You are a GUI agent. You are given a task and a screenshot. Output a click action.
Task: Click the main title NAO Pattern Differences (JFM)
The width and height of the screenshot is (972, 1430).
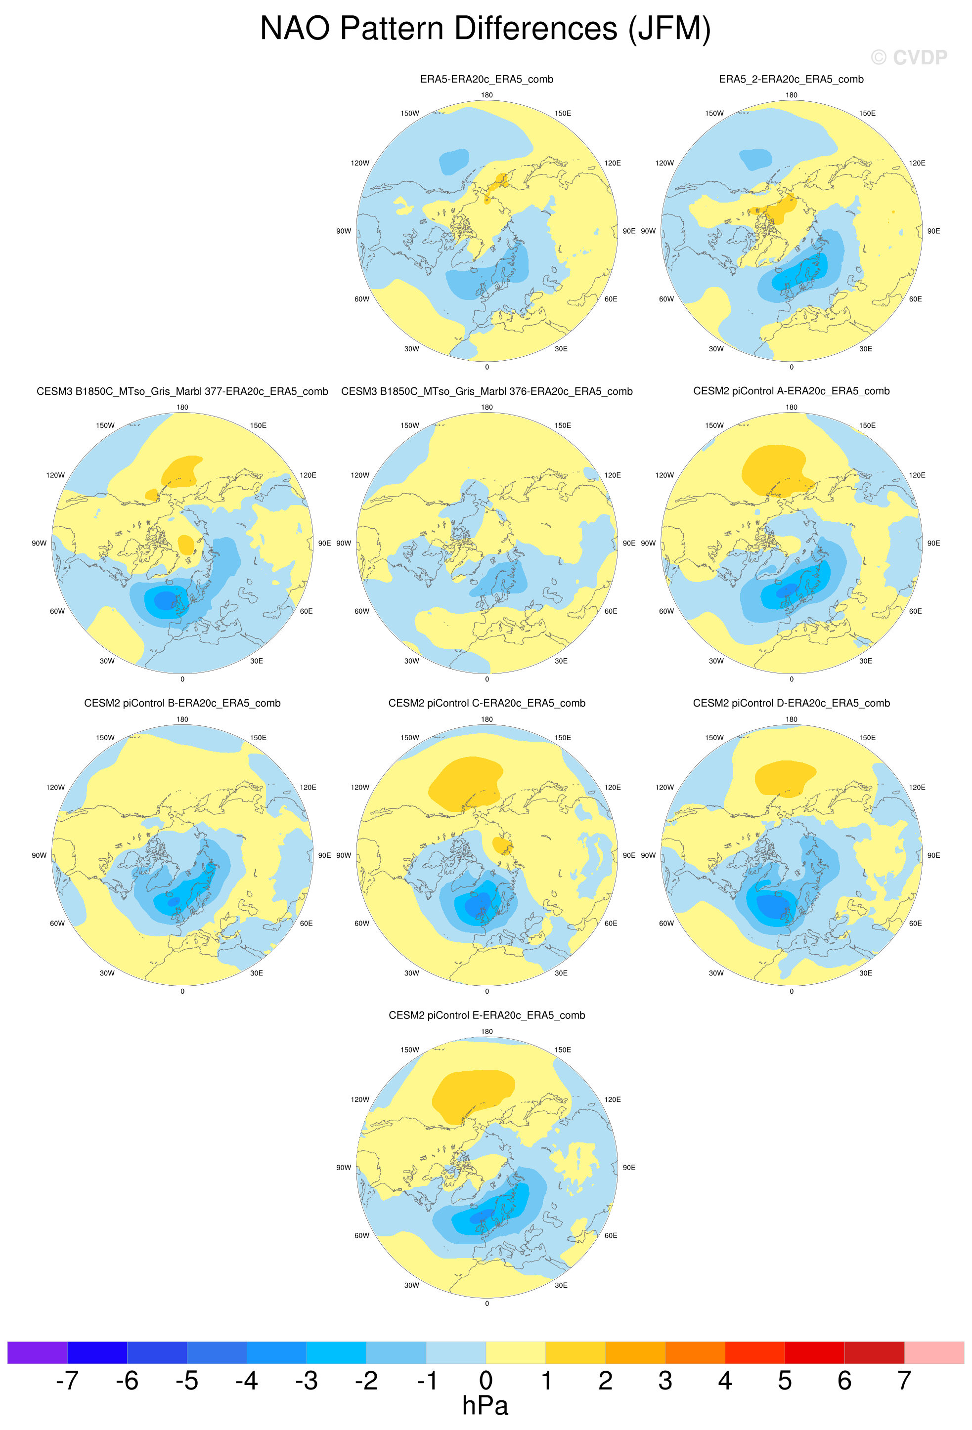coord(485,28)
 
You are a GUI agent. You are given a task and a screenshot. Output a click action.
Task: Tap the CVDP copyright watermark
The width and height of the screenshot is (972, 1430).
coord(909,57)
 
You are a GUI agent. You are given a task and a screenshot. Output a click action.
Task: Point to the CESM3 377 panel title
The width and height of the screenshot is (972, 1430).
coord(182,391)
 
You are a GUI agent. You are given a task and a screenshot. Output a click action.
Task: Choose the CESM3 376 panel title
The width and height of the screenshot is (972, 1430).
coord(486,391)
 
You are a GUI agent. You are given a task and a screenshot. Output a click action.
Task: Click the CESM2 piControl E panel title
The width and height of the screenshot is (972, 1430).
coord(486,1015)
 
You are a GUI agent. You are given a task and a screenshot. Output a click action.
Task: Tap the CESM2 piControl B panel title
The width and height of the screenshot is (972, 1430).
coord(182,703)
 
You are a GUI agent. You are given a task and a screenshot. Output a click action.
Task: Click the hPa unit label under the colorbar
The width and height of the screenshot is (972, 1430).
coord(485,1405)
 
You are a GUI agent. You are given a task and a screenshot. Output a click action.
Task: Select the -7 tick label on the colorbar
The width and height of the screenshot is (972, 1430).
coord(67,1380)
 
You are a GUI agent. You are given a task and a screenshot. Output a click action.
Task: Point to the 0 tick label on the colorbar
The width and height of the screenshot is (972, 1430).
coord(486,1380)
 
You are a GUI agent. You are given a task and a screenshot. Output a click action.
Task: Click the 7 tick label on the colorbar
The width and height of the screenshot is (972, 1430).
coord(904,1380)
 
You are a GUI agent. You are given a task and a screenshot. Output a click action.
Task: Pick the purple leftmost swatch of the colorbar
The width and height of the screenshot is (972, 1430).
coord(37,1352)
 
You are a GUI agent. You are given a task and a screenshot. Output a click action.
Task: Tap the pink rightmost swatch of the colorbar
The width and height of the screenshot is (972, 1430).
coord(934,1352)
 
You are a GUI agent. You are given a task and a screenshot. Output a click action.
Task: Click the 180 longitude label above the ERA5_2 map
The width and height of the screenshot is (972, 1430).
coord(791,95)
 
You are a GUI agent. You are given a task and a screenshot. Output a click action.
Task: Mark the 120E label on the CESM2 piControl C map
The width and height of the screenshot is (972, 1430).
coord(613,788)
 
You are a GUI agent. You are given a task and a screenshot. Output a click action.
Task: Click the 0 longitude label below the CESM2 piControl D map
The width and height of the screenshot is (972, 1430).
coord(792,991)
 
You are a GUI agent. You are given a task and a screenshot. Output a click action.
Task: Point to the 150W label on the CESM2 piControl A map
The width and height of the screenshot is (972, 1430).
coord(714,426)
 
